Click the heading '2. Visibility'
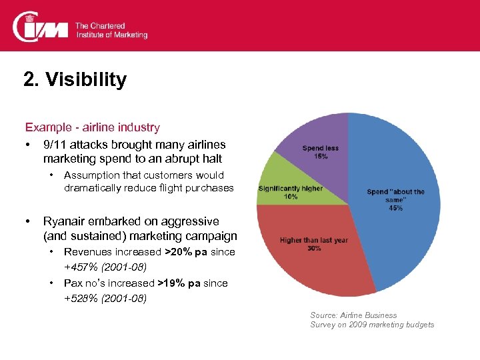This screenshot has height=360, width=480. [x=75, y=80]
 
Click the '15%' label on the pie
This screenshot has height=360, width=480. [x=320, y=157]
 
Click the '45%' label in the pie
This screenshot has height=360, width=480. [x=395, y=208]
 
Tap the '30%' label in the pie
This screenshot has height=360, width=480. [x=314, y=248]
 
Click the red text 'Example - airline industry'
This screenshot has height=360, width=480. [x=92, y=127]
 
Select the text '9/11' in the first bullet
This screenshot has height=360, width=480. [x=54, y=145]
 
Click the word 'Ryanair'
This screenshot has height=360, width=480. [x=63, y=221]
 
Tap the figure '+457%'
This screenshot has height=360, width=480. [x=79, y=267]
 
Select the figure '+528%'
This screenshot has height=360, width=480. [x=79, y=298]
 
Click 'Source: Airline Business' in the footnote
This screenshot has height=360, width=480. [x=353, y=315]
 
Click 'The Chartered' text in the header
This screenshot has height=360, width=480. [x=99, y=26]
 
